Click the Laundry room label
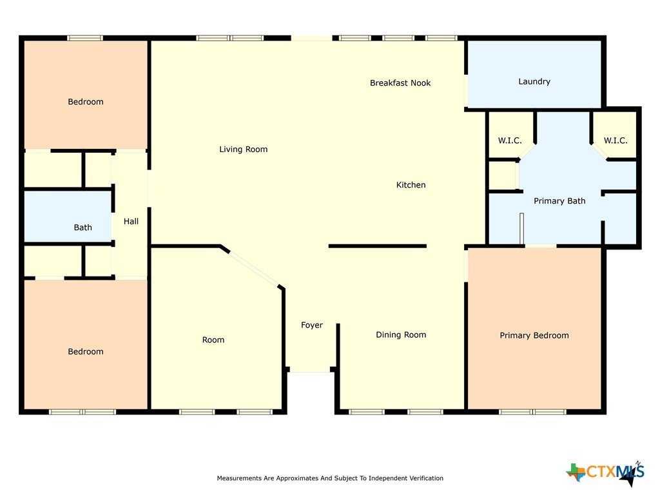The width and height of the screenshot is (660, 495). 534,82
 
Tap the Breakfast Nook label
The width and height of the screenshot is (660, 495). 400,83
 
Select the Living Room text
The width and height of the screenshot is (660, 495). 243,150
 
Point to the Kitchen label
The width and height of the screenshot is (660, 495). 411,185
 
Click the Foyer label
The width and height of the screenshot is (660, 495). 312,325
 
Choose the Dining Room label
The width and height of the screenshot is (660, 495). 401,335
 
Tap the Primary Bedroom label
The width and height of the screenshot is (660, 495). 534,335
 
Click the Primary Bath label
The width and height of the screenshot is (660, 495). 559,201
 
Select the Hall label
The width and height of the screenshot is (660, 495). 131,222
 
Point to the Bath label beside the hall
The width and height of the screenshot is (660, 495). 83,228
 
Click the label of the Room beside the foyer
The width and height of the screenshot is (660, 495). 213,340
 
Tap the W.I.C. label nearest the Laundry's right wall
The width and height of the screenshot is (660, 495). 616,141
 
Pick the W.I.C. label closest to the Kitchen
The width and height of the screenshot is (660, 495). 510,141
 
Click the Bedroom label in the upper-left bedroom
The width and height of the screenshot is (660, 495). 86,102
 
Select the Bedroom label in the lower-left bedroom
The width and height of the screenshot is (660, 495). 86,352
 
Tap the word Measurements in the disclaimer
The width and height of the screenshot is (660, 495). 239,478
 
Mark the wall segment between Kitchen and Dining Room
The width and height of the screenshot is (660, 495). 378,246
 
